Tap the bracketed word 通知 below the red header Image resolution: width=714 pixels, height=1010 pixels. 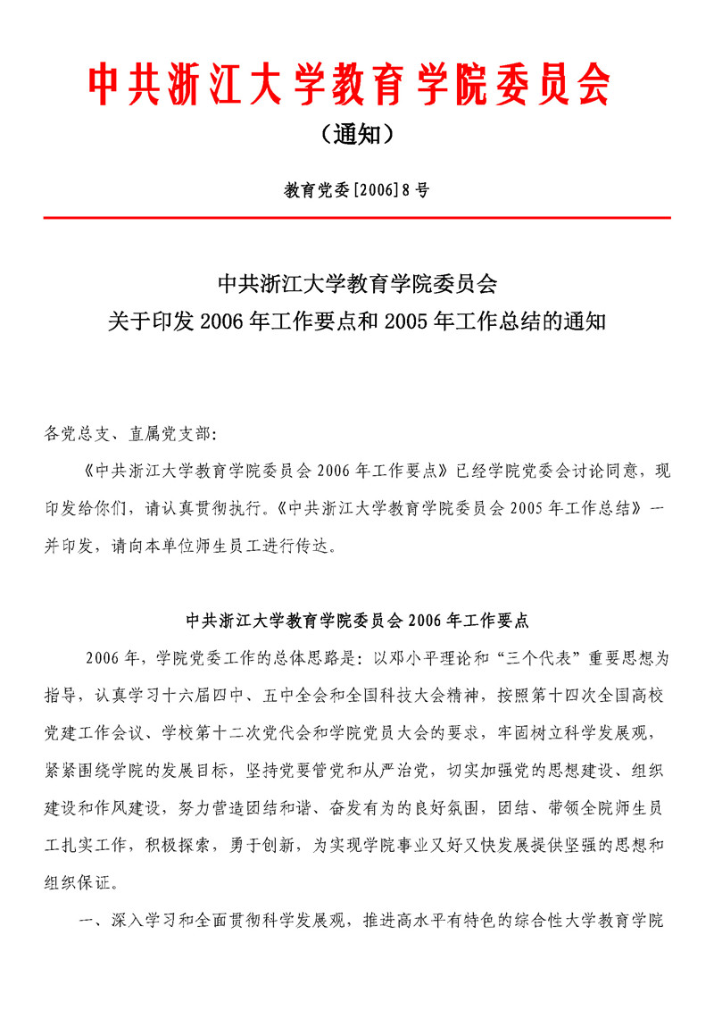click(x=356, y=134)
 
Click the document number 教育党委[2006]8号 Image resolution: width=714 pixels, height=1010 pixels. click(x=356, y=190)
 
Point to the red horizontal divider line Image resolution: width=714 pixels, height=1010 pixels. click(x=357, y=217)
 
